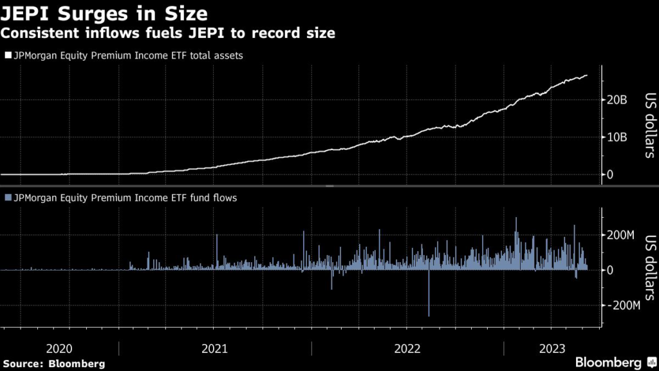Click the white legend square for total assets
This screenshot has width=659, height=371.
click(x=8, y=55)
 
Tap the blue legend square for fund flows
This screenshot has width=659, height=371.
click(x=8, y=198)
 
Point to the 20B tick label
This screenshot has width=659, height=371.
click(x=617, y=100)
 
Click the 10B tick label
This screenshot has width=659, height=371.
click(x=617, y=137)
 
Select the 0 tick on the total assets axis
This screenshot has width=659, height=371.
click(x=611, y=175)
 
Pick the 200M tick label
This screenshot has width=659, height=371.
click(x=621, y=234)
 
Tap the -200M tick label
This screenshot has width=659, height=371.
click(x=624, y=305)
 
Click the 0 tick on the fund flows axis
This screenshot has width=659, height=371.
click(x=611, y=270)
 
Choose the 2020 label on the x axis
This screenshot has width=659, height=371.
click(x=59, y=348)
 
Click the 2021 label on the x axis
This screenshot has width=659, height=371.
click(x=215, y=348)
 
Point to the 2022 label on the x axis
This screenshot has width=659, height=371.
click(x=407, y=348)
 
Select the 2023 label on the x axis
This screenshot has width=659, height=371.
click(x=552, y=348)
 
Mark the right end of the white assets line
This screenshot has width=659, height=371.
click(x=587, y=75)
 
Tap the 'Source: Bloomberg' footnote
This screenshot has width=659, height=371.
click(x=53, y=363)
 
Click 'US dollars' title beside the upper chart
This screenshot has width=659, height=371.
click(x=650, y=126)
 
